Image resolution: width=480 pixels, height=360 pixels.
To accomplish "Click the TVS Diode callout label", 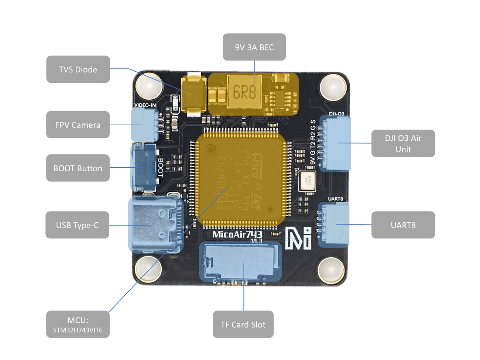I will pyautogui.click(x=78, y=69).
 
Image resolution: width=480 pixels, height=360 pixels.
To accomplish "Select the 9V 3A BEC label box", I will pyautogui.click(x=254, y=47).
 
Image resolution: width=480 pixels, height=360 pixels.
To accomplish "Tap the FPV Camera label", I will pyautogui.click(x=78, y=125).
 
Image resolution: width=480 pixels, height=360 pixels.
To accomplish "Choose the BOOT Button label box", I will pyautogui.click(x=78, y=168).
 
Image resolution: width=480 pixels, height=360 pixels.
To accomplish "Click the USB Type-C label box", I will pyautogui.click(x=77, y=225).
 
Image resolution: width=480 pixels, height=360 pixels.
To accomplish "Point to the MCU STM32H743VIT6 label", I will pyautogui.click(x=78, y=325).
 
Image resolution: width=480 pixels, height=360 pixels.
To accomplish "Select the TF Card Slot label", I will pyautogui.click(x=243, y=325).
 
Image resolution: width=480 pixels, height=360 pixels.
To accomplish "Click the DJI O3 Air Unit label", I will pyautogui.click(x=403, y=144).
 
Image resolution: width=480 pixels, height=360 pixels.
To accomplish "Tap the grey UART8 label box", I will pyautogui.click(x=403, y=225).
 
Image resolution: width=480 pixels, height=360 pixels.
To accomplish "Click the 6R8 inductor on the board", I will pyautogui.click(x=244, y=92).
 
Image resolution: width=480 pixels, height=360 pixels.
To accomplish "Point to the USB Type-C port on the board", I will pyautogui.click(x=155, y=224).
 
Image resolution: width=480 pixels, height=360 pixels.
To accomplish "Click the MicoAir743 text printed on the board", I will pyautogui.click(x=237, y=234).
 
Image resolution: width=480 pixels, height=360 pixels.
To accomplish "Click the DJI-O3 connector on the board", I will pyautogui.click(x=335, y=143).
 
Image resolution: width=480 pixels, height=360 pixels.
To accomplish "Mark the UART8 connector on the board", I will pyautogui.click(x=334, y=224).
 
